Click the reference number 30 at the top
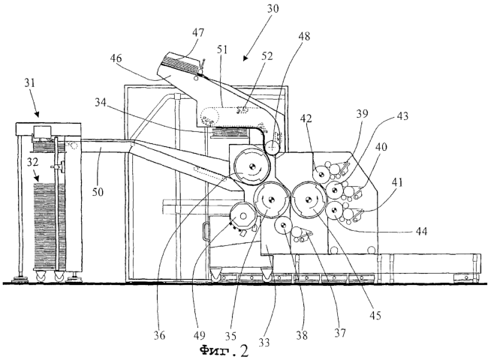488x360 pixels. (273, 8)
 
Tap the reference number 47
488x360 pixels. (198, 33)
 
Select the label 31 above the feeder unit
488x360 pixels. (30, 82)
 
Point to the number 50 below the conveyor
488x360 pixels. (98, 192)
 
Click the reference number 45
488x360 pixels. (375, 316)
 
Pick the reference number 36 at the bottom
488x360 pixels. (159, 335)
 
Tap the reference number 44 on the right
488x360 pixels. (421, 231)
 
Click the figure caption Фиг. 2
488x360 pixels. (224, 351)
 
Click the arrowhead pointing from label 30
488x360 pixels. (246, 58)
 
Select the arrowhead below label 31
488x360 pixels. (37, 115)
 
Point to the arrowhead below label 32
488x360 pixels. (37, 178)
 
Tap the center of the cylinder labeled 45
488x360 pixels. (309, 200)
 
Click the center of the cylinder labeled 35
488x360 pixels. (270, 200)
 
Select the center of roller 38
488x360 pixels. (283, 226)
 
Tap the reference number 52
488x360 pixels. (267, 56)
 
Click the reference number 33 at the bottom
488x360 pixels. (264, 342)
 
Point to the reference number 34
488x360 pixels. (101, 102)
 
